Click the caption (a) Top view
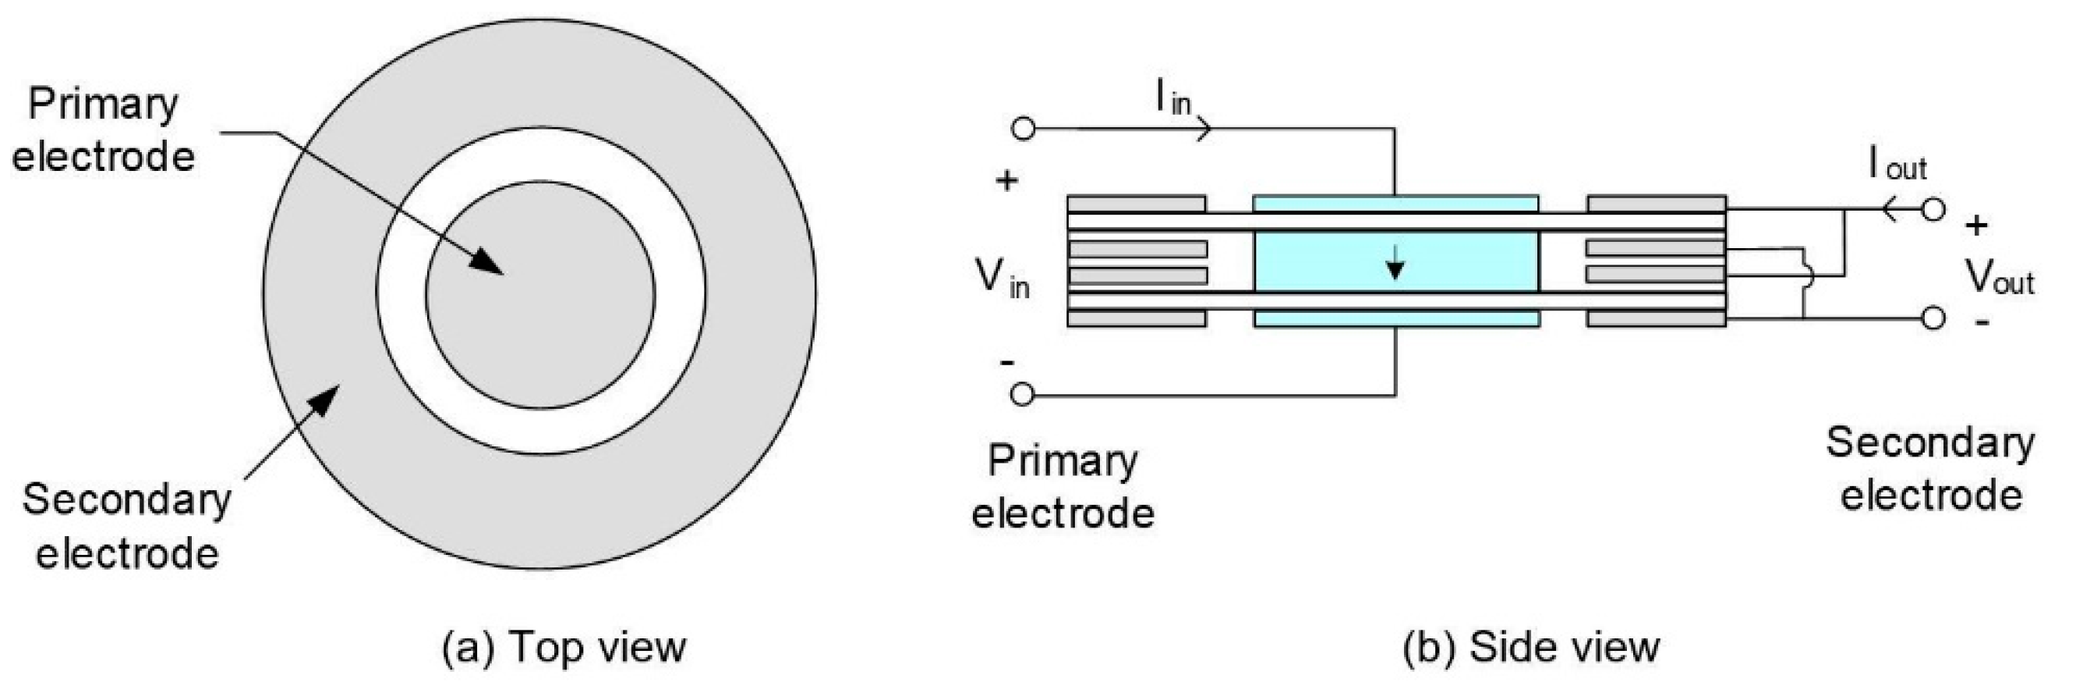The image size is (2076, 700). (x=564, y=648)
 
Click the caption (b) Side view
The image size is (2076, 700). (x=1531, y=648)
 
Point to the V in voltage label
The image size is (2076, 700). (x=1002, y=279)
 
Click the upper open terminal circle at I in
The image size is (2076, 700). (x=1023, y=128)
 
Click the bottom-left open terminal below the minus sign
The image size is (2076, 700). (x=1023, y=394)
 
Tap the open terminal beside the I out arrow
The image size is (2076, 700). (x=1933, y=211)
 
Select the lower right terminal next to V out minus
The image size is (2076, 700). (x=1933, y=318)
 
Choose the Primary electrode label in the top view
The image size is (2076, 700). (x=103, y=130)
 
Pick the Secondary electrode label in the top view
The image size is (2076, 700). (x=127, y=526)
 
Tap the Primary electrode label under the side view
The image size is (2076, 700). (x=1063, y=487)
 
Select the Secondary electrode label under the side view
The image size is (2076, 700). (x=1930, y=468)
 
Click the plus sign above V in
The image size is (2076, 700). (x=1006, y=180)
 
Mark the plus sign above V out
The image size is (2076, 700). (x=1976, y=226)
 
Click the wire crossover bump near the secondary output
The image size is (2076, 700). (x=1805, y=275)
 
